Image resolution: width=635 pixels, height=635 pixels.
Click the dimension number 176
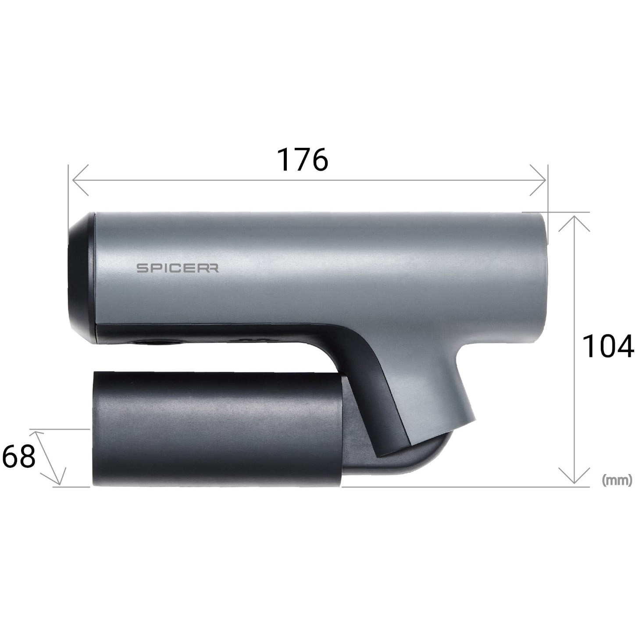coord(303,160)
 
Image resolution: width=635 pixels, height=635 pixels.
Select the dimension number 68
coord(18,456)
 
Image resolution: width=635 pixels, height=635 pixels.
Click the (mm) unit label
coord(617,480)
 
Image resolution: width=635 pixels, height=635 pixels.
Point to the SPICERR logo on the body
coord(178,268)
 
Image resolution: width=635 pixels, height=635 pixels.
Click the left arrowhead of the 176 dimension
coord(80,180)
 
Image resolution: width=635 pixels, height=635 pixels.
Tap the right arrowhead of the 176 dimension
coord(538,180)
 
